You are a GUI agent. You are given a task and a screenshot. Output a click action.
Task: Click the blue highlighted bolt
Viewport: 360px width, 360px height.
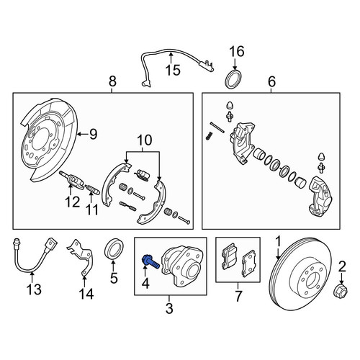point(150,262)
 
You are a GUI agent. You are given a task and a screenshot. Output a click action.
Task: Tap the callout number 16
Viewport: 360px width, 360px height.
point(237,51)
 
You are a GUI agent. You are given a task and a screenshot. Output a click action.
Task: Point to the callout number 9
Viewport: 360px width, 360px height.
point(93,134)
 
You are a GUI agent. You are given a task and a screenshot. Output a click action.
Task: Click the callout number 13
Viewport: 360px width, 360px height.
point(34,289)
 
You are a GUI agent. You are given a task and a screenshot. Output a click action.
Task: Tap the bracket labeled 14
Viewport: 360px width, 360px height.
point(81,257)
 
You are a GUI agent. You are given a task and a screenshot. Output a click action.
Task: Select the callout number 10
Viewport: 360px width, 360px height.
point(145,140)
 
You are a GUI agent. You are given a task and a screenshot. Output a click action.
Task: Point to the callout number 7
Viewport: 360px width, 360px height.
point(238,296)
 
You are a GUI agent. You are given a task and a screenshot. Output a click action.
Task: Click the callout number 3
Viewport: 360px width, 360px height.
point(169,308)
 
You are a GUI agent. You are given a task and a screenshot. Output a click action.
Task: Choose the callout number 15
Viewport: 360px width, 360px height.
point(173,70)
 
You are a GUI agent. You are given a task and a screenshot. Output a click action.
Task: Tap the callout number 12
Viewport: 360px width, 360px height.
point(73,202)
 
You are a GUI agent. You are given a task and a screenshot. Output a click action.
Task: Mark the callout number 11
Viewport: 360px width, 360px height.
point(92,210)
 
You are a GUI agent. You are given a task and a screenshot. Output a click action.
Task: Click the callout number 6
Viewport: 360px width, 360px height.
point(271,81)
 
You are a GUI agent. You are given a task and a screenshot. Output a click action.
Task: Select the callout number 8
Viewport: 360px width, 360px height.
point(112,81)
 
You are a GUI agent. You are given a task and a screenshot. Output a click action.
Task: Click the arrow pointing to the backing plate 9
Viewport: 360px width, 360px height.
point(82,134)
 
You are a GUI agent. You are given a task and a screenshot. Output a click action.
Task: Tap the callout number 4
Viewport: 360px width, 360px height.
point(145,283)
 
